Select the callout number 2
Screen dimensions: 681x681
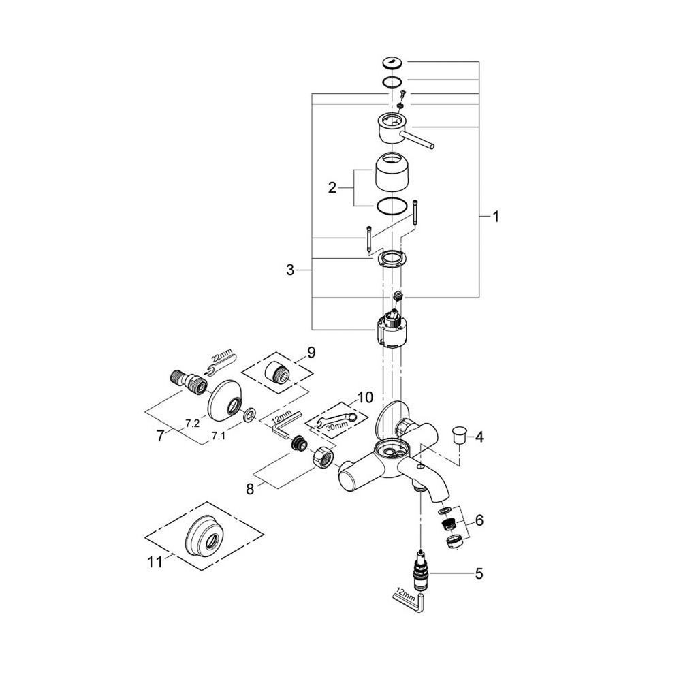click(x=332, y=187)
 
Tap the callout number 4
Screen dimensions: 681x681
click(x=479, y=437)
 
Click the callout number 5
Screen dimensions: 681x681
click(x=479, y=573)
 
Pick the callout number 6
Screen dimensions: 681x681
click(x=479, y=520)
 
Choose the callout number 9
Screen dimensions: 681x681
click(x=311, y=352)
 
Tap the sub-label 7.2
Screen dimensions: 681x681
click(x=192, y=423)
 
